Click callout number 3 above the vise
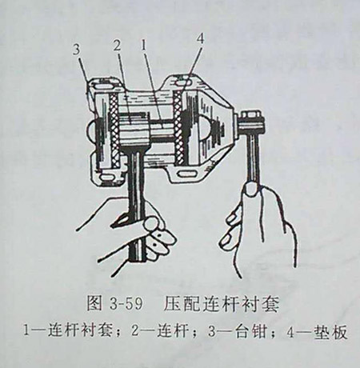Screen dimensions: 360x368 [x=77, y=50]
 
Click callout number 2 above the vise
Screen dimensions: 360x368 [x=117, y=46]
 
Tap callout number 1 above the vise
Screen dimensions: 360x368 [x=143, y=46]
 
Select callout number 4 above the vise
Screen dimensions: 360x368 [x=200, y=39]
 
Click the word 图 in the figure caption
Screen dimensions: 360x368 [x=94, y=303]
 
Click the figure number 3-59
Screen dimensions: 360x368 [x=126, y=304]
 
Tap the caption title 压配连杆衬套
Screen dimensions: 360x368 [x=222, y=303]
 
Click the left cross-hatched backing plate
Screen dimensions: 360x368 [x=114, y=131]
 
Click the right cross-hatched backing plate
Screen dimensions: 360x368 [x=178, y=126]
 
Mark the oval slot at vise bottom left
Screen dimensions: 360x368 [x=108, y=177]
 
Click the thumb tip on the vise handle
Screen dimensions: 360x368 [x=250, y=190]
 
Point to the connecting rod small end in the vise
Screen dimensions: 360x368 [x=133, y=129]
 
